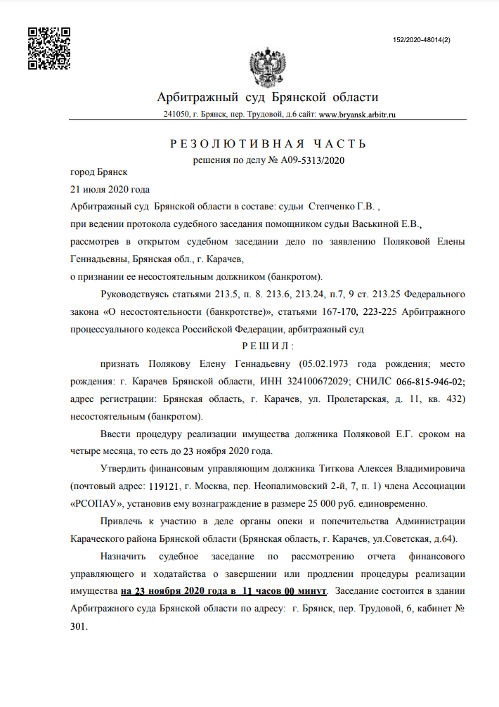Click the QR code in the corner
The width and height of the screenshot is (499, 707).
(48, 48)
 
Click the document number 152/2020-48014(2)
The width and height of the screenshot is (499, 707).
(422, 40)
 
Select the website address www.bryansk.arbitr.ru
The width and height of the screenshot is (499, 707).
(357, 114)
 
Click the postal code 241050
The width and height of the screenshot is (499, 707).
(176, 114)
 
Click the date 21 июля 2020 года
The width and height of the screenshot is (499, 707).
(110, 189)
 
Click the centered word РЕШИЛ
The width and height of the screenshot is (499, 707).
(268, 346)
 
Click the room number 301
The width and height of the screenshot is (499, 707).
(79, 625)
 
